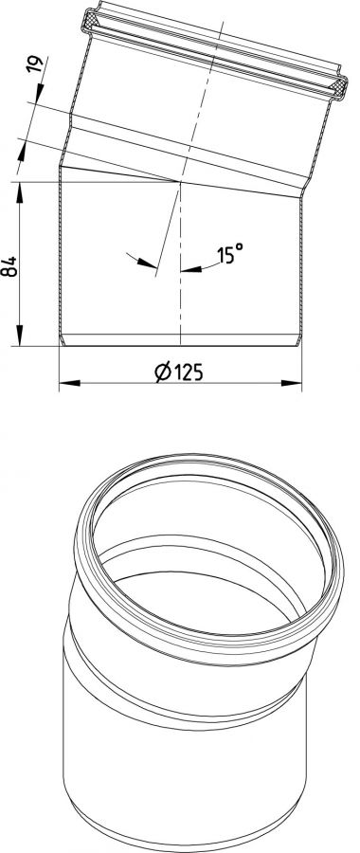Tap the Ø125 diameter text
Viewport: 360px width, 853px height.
pyautogui.click(x=179, y=372)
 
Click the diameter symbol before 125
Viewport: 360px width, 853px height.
pyautogui.click(x=161, y=372)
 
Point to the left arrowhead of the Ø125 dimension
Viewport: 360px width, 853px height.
pyautogui.click(x=69, y=383)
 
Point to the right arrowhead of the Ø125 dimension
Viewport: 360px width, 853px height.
pyautogui.click(x=292, y=383)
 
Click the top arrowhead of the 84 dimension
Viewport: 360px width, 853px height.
pyautogui.click(x=20, y=192)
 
